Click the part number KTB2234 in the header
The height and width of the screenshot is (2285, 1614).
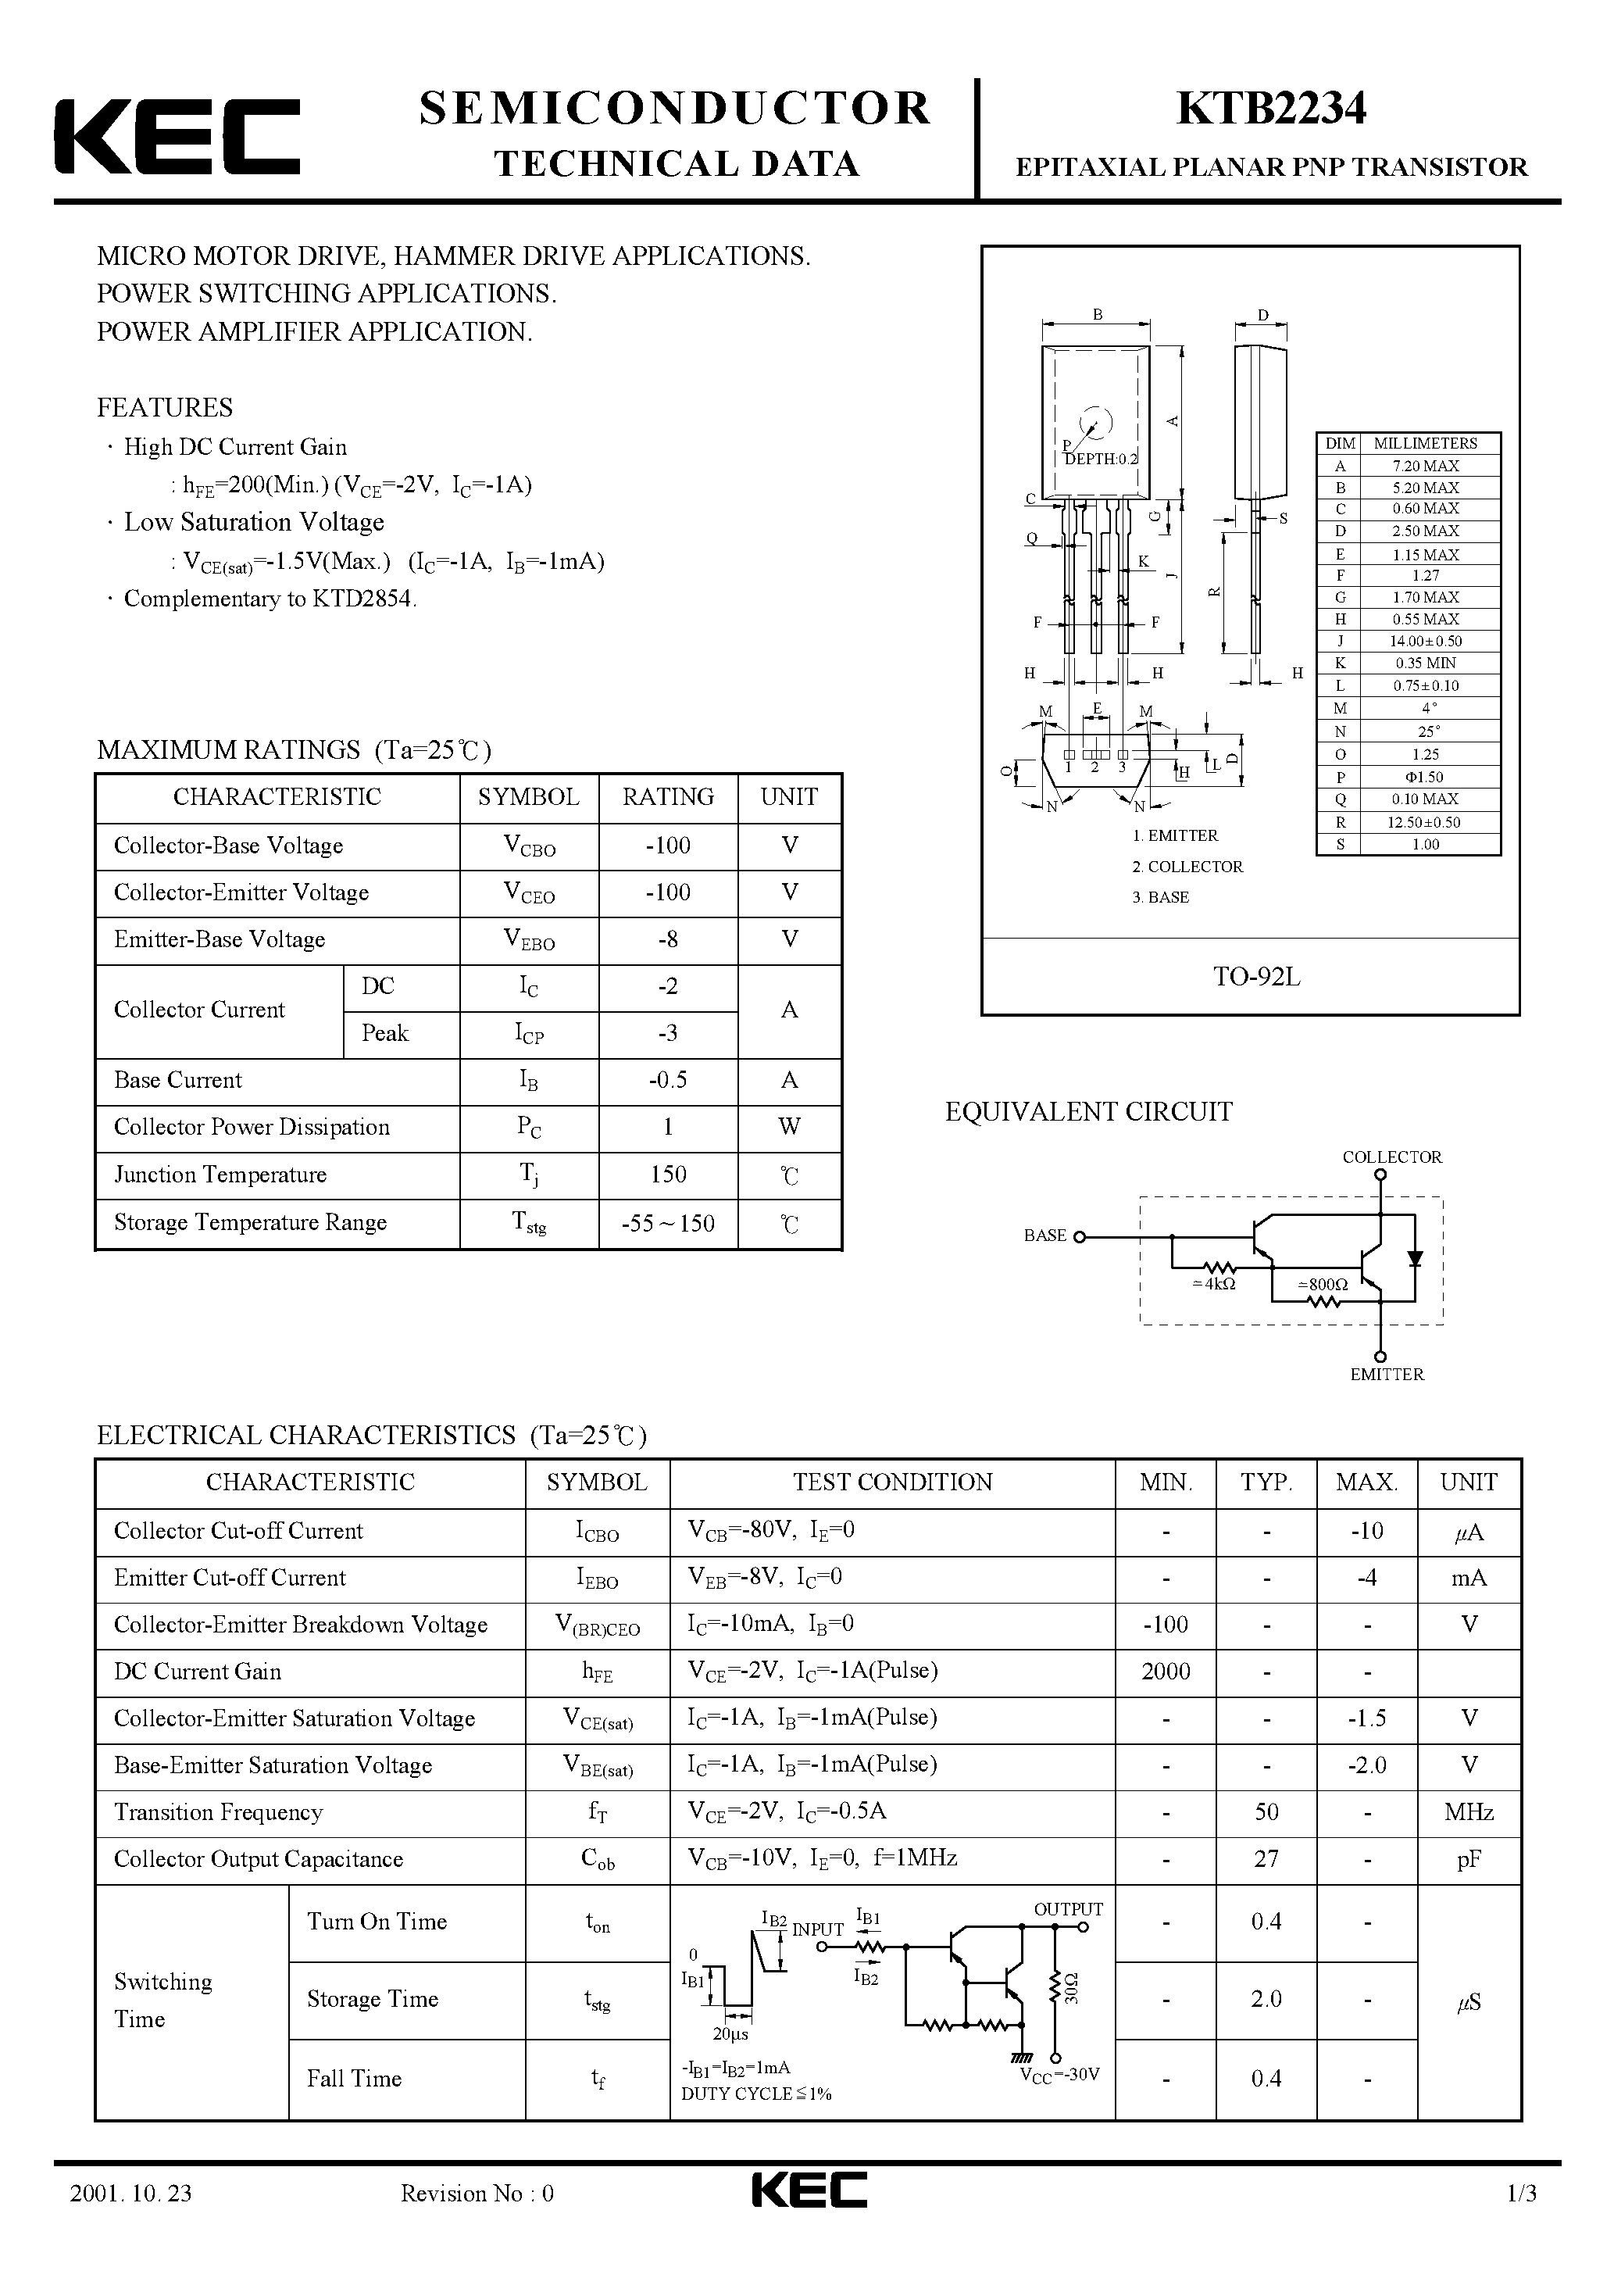tap(1271, 109)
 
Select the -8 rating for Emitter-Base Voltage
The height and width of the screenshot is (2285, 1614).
tap(668, 939)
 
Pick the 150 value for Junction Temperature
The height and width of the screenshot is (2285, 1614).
tap(668, 1175)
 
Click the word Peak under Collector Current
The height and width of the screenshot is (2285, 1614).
tap(384, 1033)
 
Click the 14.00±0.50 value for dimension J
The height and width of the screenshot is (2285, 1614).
tap(1425, 641)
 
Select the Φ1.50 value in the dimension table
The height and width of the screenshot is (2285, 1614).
tap(1425, 776)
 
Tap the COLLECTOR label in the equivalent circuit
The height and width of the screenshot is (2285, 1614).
tap(1391, 1157)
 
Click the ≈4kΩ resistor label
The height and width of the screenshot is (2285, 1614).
tap(1213, 1284)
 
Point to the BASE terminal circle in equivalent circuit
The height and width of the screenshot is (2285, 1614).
tap(1080, 1237)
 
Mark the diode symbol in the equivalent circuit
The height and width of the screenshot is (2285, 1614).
tap(1415, 1258)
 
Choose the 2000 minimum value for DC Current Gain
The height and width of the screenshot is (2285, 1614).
tap(1166, 1671)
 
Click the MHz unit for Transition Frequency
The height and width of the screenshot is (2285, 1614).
tap(1469, 1812)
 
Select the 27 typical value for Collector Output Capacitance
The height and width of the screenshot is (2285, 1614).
tap(1266, 1859)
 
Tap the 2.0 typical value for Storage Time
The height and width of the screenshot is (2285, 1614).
tap(1266, 1998)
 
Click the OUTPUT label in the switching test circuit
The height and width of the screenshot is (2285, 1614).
tap(1068, 1909)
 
